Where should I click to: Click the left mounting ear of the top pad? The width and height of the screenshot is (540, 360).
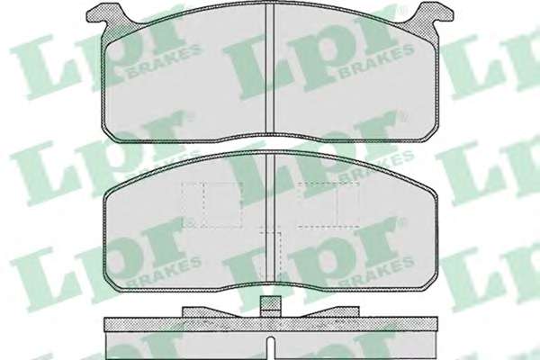click(x=100, y=14)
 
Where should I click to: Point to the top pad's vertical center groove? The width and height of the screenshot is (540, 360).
click(x=270, y=69)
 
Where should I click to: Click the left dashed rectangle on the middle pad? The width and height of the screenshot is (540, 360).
click(x=212, y=204)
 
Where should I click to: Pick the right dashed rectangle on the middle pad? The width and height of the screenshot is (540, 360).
click(x=328, y=204)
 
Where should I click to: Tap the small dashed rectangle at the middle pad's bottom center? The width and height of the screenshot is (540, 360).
click(x=271, y=256)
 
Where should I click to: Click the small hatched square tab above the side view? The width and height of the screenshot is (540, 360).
click(x=270, y=306)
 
